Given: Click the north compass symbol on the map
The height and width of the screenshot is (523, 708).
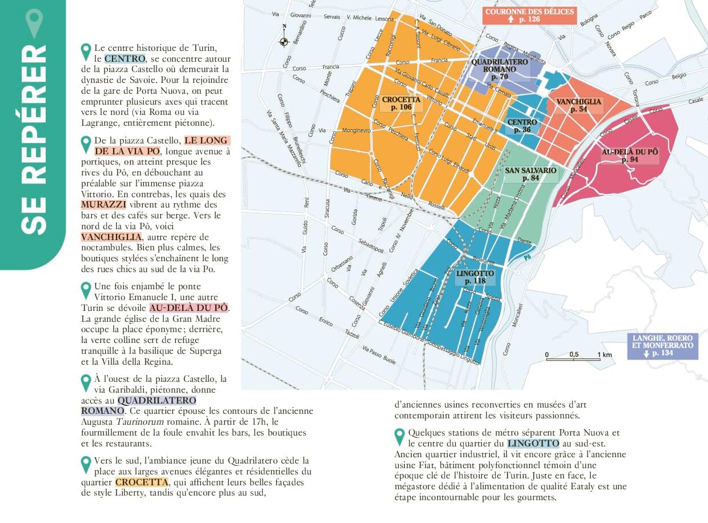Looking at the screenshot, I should [x=284, y=41].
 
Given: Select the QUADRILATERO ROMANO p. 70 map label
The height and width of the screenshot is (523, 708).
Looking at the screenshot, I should [x=494, y=69].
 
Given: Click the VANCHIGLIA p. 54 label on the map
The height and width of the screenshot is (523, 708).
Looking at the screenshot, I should [x=578, y=105].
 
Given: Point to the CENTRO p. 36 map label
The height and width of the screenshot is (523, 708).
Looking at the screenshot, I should [x=522, y=126].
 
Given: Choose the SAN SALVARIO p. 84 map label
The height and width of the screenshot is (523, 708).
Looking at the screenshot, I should [x=530, y=174].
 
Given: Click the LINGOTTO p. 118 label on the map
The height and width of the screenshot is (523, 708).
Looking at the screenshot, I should [x=475, y=277].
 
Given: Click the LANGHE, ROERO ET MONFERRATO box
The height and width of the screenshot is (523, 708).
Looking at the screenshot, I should [x=662, y=346].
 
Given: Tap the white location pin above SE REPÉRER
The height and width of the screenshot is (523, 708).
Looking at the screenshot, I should [x=34, y=23].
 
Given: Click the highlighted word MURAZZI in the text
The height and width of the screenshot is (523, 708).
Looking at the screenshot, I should [x=103, y=205].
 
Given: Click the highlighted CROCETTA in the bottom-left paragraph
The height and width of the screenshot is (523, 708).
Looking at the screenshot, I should [x=142, y=482].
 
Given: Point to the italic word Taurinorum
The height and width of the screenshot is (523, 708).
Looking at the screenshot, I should [x=141, y=421].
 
